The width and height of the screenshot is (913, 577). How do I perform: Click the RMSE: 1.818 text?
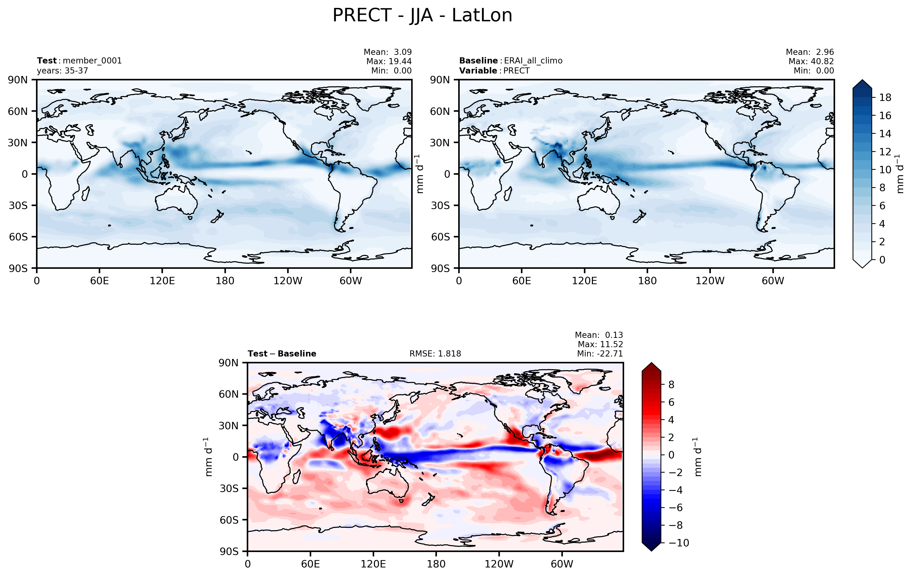tap(435, 354)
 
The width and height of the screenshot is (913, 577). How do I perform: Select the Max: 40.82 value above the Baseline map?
tap(811, 61)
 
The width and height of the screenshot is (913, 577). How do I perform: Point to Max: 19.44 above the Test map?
tap(389, 61)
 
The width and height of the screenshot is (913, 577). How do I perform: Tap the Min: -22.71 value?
tap(600, 354)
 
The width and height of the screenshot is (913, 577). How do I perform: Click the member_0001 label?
tap(92, 61)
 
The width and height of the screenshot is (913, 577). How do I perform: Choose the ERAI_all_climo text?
tap(533, 61)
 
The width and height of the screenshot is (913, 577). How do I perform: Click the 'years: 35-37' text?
tap(62, 71)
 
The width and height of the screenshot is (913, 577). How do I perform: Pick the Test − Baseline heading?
tap(282, 354)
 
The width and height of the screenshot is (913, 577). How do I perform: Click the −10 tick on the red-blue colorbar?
tap(679, 543)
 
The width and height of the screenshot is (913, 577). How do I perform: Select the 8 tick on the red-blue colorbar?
tap(671, 385)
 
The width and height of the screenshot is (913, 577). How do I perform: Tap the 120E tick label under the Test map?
tap(162, 281)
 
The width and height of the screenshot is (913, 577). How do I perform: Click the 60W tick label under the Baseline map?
tap(773, 281)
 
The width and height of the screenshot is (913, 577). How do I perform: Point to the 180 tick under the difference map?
tap(436, 564)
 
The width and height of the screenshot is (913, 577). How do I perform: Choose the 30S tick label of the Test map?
tap(18, 206)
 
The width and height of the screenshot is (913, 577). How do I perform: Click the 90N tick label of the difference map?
tap(229, 363)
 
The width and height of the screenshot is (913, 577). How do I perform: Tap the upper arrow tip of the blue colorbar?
tap(862, 80)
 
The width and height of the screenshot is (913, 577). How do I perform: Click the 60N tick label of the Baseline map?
tap(440, 111)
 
